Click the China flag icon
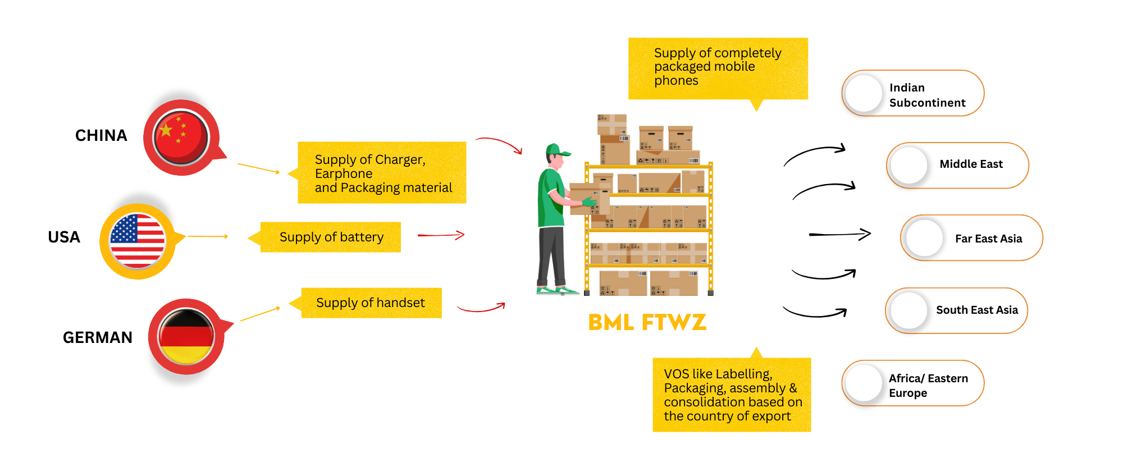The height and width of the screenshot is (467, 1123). pyautogui.click(x=181, y=137)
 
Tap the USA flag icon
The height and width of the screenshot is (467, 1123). pyautogui.click(x=138, y=241)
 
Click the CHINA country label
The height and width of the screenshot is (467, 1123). pyautogui.click(x=101, y=135)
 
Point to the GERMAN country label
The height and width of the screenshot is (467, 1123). pyautogui.click(x=98, y=337)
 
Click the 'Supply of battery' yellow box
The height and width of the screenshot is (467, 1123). pyautogui.click(x=331, y=237)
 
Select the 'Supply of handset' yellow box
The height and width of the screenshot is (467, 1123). pyautogui.click(x=371, y=303)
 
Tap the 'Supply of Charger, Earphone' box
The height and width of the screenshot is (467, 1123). pyautogui.click(x=382, y=173)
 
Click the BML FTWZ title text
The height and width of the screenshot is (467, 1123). pyautogui.click(x=647, y=322)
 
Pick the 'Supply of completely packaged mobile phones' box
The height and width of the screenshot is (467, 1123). pyautogui.click(x=718, y=68)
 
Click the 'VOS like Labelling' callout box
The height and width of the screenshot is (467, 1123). pyautogui.click(x=732, y=395)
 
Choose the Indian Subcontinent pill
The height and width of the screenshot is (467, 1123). pyautogui.click(x=912, y=94)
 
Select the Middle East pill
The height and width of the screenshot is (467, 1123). pyautogui.click(x=957, y=165)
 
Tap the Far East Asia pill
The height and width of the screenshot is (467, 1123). pyautogui.click(x=971, y=238)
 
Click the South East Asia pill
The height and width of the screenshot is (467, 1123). pyautogui.click(x=956, y=310)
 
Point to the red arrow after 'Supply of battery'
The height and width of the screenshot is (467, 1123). pyautogui.click(x=441, y=235)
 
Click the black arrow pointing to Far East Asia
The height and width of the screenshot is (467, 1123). pyautogui.click(x=839, y=234)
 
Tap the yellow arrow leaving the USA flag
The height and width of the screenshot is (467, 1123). pyautogui.click(x=208, y=236)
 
